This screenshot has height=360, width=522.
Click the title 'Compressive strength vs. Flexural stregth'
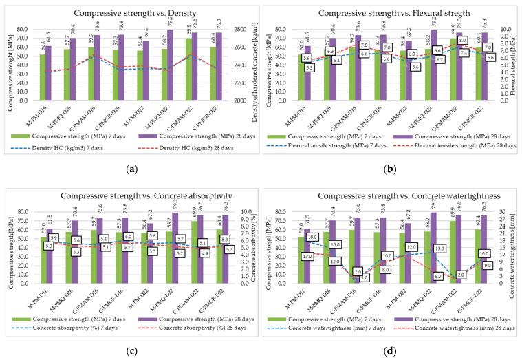tap(391, 13)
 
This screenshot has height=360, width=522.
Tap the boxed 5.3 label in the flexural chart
tap(309, 67)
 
